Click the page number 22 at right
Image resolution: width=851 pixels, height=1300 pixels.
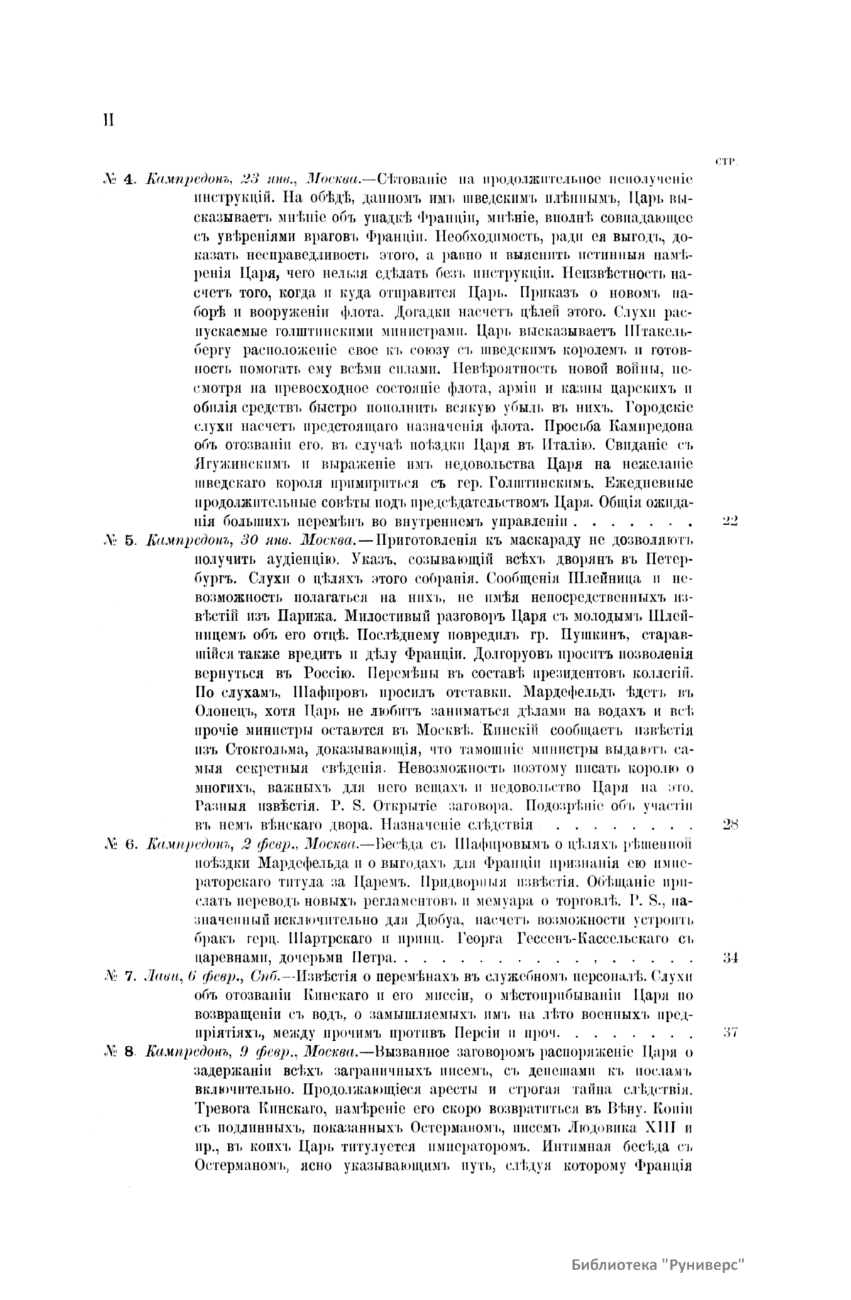coord(730,522)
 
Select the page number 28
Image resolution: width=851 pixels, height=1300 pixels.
coord(730,824)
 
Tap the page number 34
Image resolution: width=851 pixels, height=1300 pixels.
coord(730,957)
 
